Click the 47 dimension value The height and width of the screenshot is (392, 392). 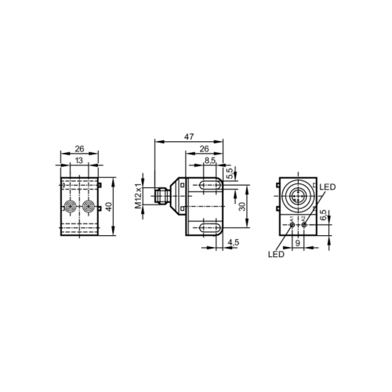tap(189, 136)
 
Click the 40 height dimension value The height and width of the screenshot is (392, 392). tap(110, 206)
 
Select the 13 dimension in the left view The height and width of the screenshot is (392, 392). tap(79, 160)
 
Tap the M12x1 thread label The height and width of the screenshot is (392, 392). tap(138, 196)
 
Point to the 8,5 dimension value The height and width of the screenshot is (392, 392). tap(210, 161)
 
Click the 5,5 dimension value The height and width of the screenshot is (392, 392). tap(230, 173)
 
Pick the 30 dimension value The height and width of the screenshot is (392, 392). tap(242, 206)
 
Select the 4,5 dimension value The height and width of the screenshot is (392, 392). tap(233, 242)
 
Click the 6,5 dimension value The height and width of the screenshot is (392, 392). tap(323, 215)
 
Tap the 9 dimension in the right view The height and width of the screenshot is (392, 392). tap(298, 243)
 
